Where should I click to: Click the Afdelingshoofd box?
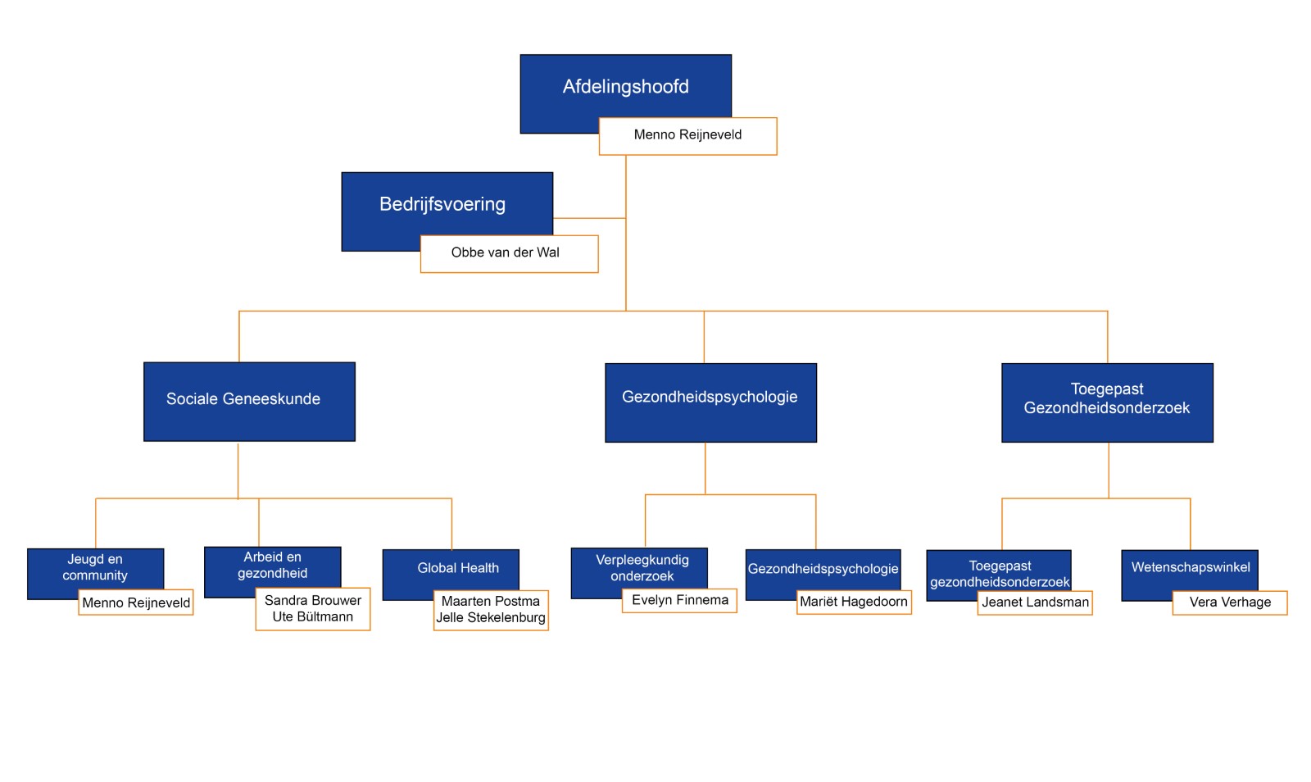(625, 87)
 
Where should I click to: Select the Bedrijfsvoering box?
(447, 204)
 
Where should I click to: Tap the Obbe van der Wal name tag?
(509, 253)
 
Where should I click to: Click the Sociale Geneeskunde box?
(249, 402)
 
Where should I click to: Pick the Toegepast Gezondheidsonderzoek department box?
(1107, 402)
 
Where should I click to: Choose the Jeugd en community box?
(95, 568)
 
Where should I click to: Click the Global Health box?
(451, 569)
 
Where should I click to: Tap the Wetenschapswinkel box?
(1190, 569)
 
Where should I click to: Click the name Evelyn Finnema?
(680, 600)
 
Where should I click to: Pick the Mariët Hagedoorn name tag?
(854, 602)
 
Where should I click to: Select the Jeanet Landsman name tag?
(1035, 602)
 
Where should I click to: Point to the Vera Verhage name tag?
(1230, 602)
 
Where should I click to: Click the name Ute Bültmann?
(312, 617)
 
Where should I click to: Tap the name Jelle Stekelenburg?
(491, 617)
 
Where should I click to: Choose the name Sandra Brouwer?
(312, 601)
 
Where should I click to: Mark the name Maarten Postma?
(491, 601)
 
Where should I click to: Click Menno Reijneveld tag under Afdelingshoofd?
(687, 136)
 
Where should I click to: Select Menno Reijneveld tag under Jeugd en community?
(136, 602)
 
